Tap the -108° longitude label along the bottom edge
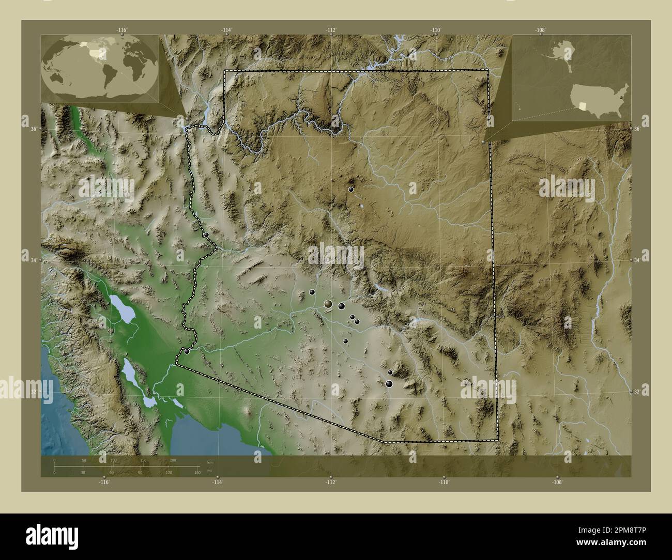coord(557,482)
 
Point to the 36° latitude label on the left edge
coord(33,129)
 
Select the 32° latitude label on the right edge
coord(639,392)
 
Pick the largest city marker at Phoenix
coord(328,304)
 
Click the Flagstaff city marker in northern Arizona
coord(351,190)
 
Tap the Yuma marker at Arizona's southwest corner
coord(187,351)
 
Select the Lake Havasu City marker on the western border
coord(206,235)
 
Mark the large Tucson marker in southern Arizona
coord(389,383)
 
